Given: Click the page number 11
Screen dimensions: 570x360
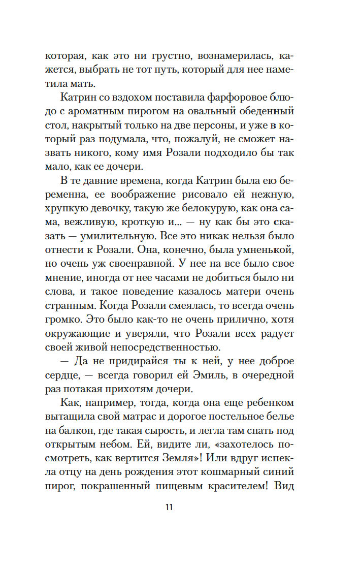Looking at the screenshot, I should [170, 508].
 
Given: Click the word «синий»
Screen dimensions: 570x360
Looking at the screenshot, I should [287, 472].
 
